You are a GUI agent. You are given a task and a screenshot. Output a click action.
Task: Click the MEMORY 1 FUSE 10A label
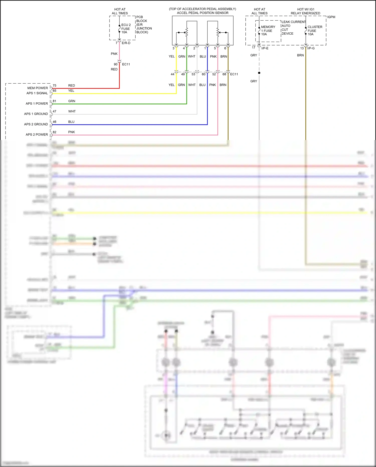pos(268,31)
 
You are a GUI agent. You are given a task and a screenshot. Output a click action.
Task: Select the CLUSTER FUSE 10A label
pos(315,31)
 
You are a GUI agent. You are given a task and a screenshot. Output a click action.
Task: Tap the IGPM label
pos(331,17)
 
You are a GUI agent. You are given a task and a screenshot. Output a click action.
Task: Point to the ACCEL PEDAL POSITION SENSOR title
pos(203,13)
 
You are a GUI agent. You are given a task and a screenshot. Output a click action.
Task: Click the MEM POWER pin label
pos(37,88)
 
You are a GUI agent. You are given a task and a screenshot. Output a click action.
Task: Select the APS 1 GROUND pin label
pos(36,114)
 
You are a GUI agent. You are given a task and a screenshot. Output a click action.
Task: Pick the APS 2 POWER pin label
pos(37,135)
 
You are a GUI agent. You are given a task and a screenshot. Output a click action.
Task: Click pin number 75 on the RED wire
pos(54,86)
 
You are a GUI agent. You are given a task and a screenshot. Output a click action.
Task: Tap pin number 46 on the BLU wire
pos(54,122)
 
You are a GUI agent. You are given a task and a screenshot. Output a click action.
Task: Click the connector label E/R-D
pos(126,43)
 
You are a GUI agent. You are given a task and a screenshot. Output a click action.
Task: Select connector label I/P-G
pos(311,48)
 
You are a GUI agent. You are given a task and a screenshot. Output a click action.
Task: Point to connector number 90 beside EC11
pos(116,64)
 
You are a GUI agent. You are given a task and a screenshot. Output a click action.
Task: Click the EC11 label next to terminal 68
pos(234,74)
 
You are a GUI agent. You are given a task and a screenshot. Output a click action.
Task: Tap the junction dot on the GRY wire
pos(259,73)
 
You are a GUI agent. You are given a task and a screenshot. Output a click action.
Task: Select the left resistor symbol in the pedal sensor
pos(186,32)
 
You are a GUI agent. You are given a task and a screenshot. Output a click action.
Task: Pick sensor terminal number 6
pos(225,48)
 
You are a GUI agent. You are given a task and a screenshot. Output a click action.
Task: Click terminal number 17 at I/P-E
pos(253,48)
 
